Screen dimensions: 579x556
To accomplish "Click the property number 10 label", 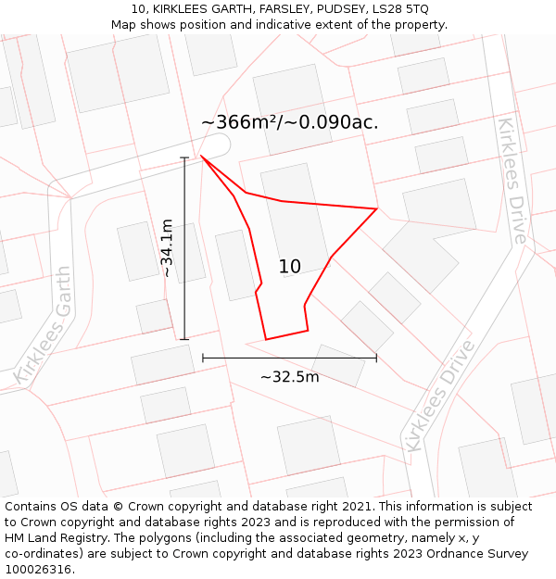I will [x=289, y=267].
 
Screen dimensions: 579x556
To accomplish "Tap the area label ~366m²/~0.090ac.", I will [x=290, y=122].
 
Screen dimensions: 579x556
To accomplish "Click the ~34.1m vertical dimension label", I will [x=167, y=248].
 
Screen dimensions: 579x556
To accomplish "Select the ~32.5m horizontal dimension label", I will [x=289, y=377].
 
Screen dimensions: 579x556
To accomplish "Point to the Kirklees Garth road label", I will [x=44, y=325].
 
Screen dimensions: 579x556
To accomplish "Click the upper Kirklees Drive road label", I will [x=512, y=181].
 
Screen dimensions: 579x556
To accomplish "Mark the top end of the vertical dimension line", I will [x=184, y=157].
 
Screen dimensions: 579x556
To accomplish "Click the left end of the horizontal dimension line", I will [x=203, y=358].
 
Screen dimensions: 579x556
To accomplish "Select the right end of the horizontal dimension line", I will [x=376, y=358].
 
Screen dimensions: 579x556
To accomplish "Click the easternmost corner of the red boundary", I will [x=376, y=208].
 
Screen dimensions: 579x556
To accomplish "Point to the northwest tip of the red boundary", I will [x=201, y=156].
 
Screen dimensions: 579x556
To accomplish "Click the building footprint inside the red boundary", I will [x=295, y=219].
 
